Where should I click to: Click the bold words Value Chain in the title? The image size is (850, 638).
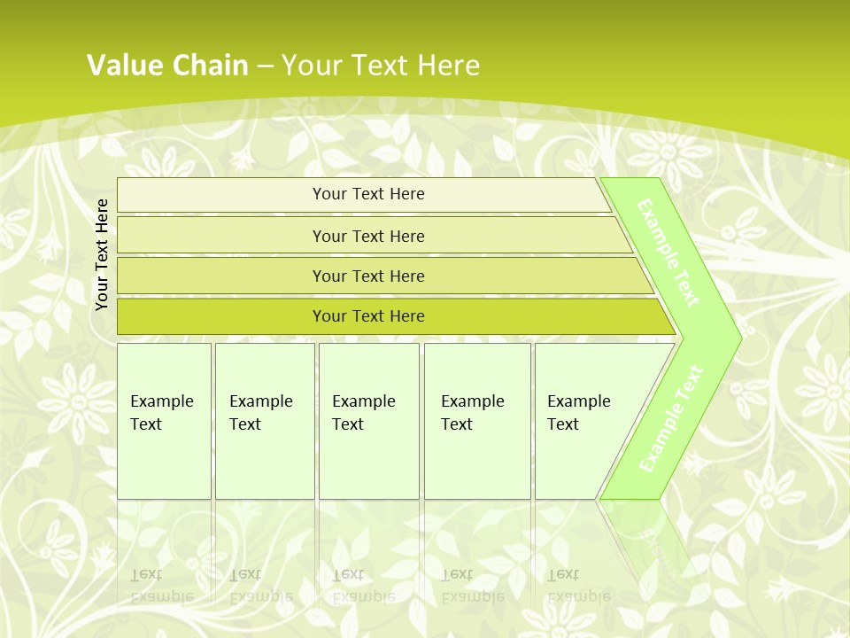tap(167, 65)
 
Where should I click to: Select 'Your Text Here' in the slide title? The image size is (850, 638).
tap(381, 65)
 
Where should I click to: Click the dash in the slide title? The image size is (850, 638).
tap(265, 66)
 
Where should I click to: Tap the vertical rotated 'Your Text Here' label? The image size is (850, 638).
tap(102, 254)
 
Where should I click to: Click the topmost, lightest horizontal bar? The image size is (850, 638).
tap(367, 194)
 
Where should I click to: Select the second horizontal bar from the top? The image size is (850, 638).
tap(367, 236)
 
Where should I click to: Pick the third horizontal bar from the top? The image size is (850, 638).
tap(367, 276)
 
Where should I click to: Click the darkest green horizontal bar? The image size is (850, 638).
tap(367, 316)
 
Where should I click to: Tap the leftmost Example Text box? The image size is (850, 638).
tap(164, 421)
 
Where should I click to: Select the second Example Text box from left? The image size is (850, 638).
tap(264, 421)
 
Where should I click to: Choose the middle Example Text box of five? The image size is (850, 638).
tap(368, 421)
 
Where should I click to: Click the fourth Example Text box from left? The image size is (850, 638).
tap(476, 421)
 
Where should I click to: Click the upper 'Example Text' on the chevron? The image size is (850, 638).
tap(668, 253)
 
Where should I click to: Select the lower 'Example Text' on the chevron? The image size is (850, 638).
tap(671, 418)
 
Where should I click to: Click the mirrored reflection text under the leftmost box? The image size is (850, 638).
tap(162, 586)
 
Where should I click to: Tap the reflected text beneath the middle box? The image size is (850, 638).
tap(363, 586)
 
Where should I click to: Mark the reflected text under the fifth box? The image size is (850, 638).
tap(578, 586)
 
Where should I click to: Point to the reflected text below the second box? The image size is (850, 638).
tap(261, 586)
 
